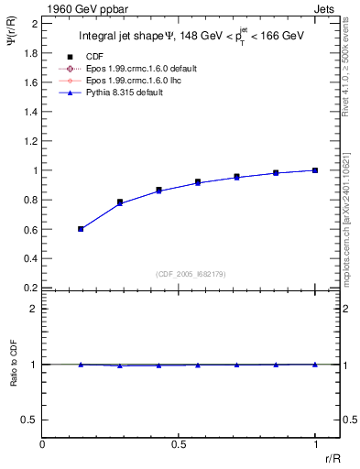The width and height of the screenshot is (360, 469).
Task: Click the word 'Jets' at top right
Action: [326, 9]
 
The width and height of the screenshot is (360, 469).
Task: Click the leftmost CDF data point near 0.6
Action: [81, 228]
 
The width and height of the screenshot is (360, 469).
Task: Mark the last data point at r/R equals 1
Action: [314, 170]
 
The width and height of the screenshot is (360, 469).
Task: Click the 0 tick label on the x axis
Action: [43, 444]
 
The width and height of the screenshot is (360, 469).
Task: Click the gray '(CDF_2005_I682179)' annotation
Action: [191, 274]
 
